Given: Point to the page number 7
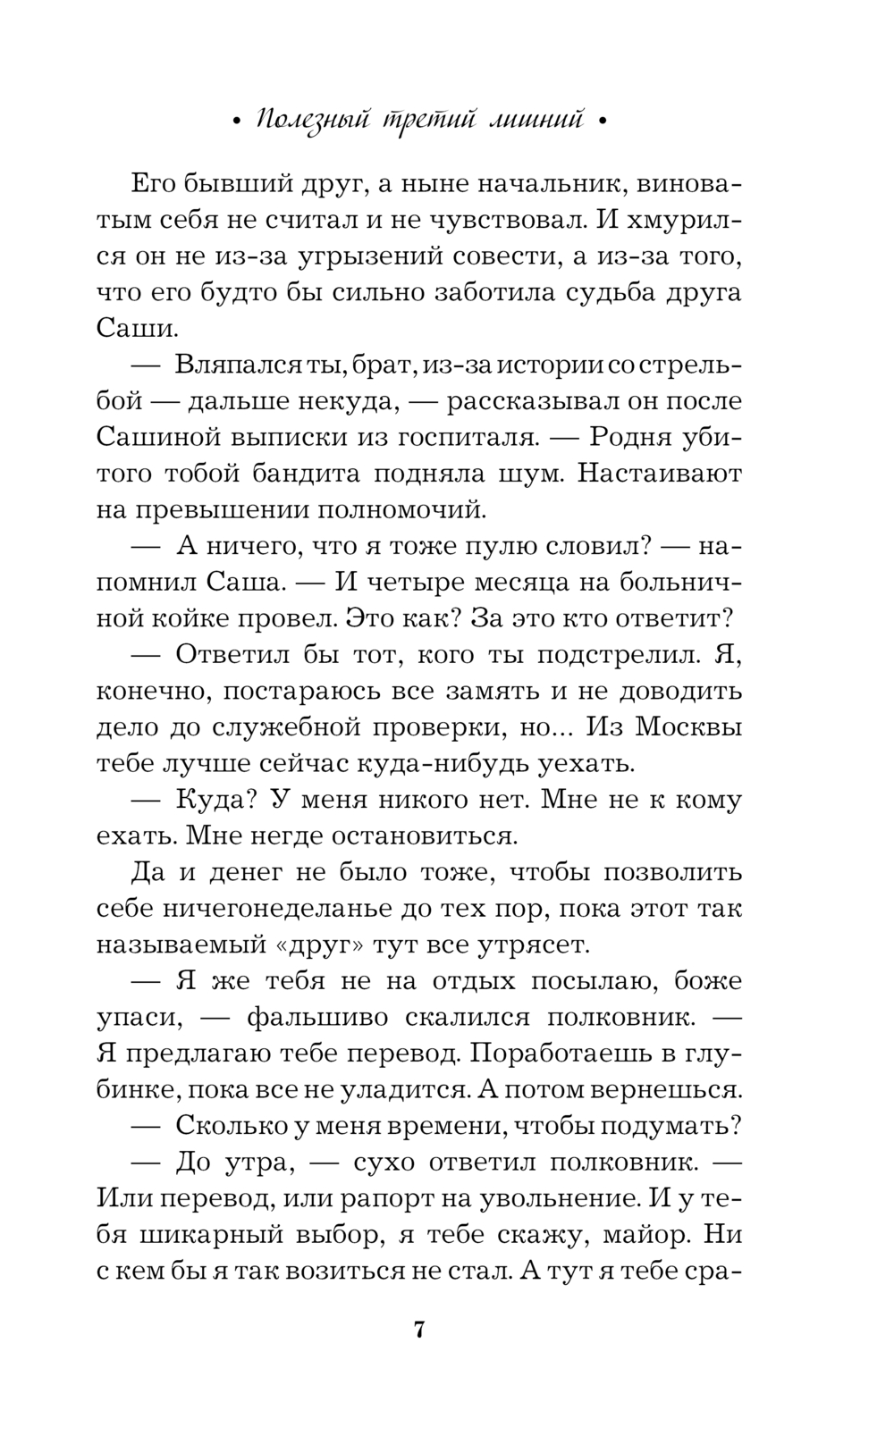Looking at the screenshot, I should pyautogui.click(x=419, y=1330).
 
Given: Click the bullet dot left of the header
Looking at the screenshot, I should pyautogui.click(x=236, y=123).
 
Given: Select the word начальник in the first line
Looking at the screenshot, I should pyautogui.click(x=545, y=185).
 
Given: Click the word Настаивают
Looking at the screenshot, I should pyautogui.click(x=660, y=474).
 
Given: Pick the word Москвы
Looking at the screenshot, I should pyautogui.click(x=689, y=727).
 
